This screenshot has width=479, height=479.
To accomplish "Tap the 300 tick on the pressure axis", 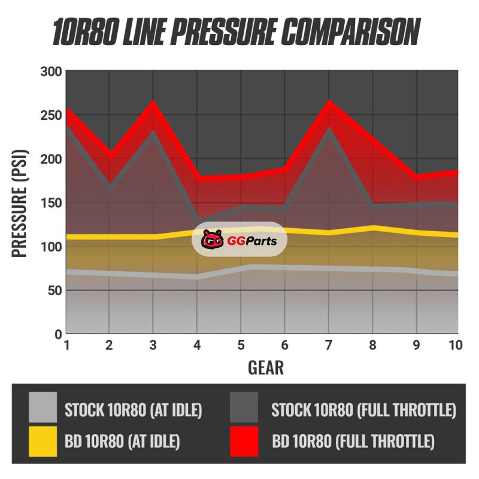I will [50, 72].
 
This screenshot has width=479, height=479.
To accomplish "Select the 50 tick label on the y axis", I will [54, 290].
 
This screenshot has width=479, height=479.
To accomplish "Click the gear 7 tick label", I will [328, 345].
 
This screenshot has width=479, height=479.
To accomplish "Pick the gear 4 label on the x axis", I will [197, 345].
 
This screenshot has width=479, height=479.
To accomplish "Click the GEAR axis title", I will [265, 367].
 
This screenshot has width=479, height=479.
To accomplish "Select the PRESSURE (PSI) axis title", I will [22, 202].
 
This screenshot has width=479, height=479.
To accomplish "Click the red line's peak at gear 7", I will [328, 102].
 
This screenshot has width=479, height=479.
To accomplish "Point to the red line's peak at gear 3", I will [153, 102].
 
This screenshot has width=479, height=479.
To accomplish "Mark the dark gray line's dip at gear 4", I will [198, 220].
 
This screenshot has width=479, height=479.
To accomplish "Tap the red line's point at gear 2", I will [110, 155].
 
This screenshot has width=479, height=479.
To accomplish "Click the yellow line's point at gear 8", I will [372, 228].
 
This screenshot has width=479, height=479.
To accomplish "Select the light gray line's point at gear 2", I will [110, 273].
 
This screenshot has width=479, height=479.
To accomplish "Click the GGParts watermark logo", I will [239, 239].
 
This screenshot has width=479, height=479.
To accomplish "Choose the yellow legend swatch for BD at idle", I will [43, 442].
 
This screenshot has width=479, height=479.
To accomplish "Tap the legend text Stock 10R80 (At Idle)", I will [133, 411].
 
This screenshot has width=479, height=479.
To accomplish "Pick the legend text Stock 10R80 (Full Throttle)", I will [363, 411].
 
